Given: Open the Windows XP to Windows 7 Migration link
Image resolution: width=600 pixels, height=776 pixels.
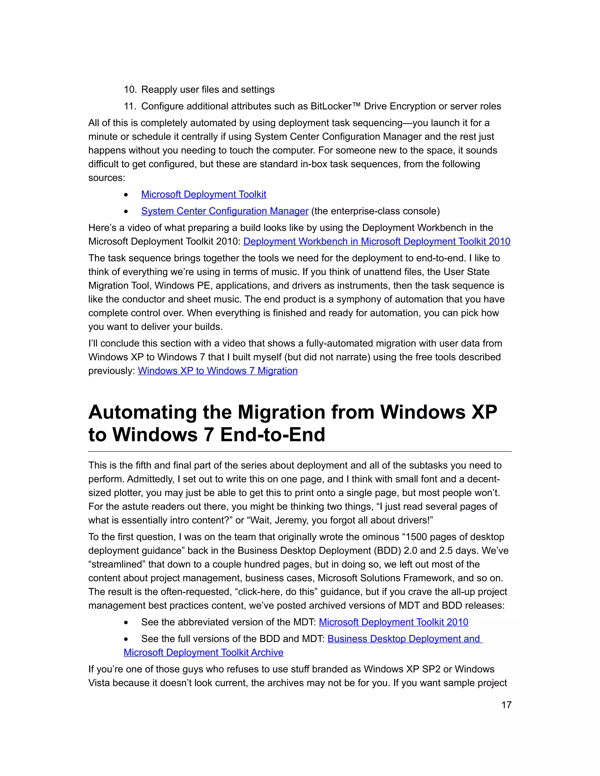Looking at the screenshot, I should click(218, 371).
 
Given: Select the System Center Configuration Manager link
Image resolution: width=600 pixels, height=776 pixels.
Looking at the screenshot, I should click(224, 211).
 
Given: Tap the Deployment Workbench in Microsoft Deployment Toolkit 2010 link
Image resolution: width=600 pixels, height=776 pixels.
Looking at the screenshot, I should click(376, 241).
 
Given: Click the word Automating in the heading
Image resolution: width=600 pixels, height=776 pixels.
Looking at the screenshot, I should click(142, 412).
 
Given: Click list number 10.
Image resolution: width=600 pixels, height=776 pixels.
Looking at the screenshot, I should click(130, 90).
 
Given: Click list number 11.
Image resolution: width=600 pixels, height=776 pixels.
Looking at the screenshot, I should click(130, 106).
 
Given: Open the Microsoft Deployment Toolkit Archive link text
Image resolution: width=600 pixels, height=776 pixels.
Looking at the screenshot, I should click(203, 652).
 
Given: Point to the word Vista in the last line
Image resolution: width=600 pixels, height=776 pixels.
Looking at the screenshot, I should click(99, 683).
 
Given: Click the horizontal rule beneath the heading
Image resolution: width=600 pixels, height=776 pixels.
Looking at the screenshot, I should click(300, 452).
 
